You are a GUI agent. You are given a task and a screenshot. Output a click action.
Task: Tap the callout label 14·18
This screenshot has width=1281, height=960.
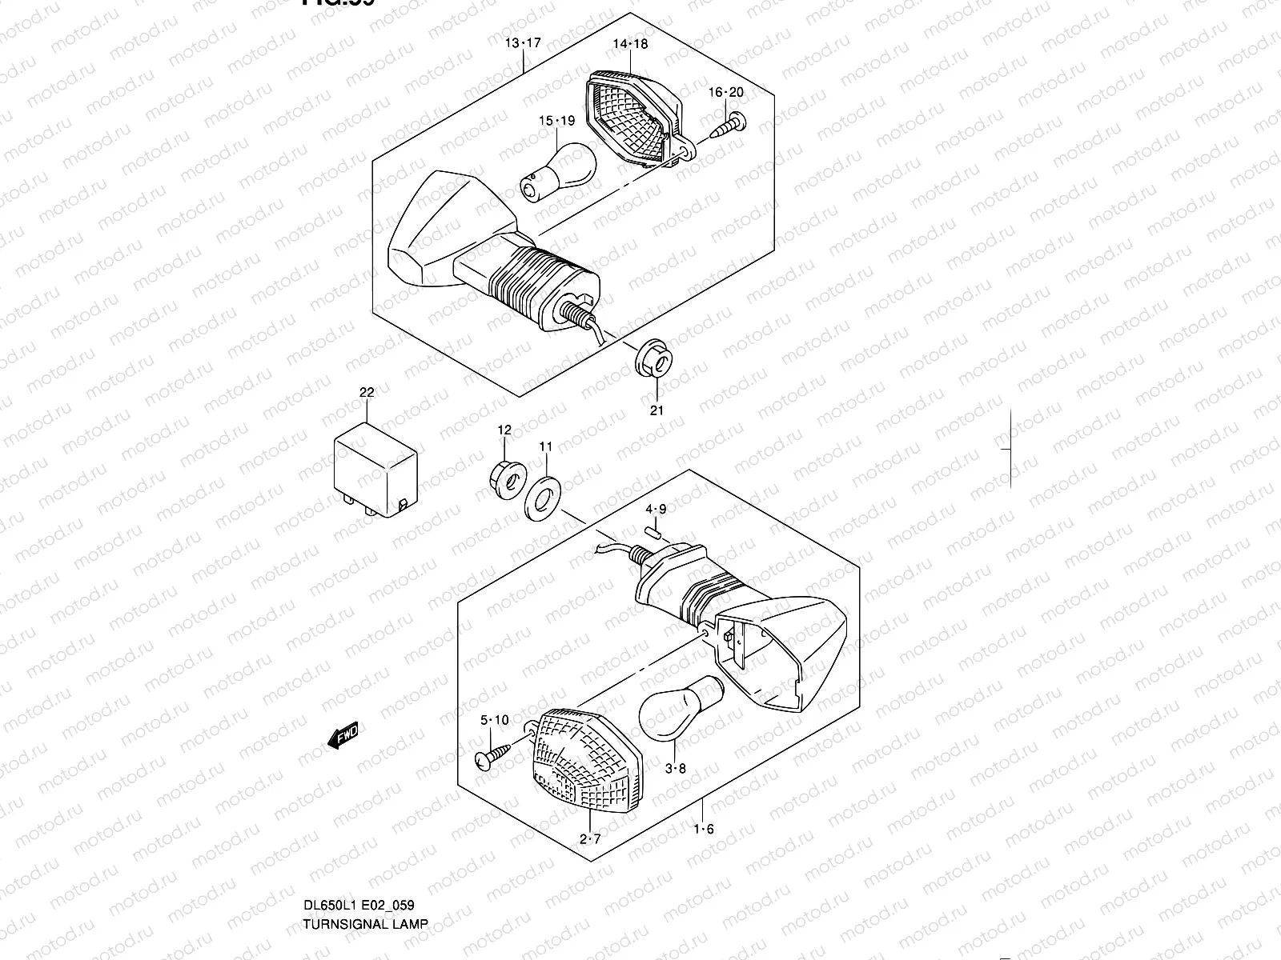[630, 44]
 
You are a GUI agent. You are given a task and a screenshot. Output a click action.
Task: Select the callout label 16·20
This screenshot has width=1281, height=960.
[725, 93]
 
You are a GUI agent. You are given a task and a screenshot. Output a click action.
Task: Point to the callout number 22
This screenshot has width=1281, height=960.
[367, 393]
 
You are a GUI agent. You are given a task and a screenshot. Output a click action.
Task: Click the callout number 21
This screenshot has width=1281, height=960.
[657, 410]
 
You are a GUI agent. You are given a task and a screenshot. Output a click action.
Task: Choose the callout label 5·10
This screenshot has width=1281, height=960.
[494, 720]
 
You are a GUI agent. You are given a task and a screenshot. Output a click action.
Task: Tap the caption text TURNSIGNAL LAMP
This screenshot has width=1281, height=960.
[365, 923]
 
